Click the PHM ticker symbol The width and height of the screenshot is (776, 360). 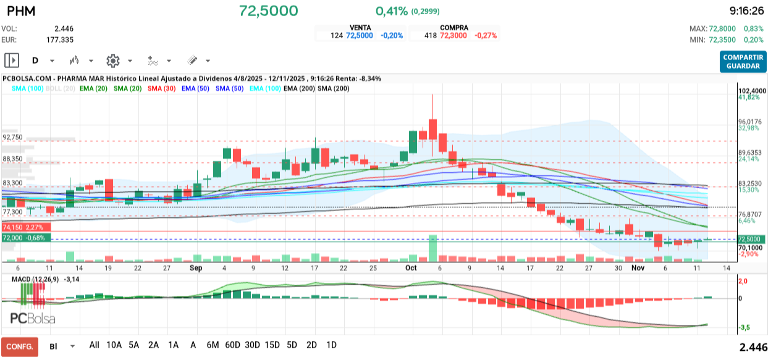[21, 11]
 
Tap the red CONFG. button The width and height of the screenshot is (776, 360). [19, 346]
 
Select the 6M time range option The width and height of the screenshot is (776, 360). [213, 345]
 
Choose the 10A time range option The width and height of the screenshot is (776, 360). [114, 345]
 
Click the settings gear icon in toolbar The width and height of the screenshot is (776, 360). [112, 61]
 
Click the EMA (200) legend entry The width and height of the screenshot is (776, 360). [298, 89]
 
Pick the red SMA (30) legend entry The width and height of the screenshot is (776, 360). [161, 89]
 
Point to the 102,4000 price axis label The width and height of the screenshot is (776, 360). [752, 91]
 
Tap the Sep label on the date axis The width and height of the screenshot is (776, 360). [196, 268]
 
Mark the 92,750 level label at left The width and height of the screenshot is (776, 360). [12, 137]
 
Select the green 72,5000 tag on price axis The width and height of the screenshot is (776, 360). [749, 240]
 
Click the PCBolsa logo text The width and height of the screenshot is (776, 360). [33, 319]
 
